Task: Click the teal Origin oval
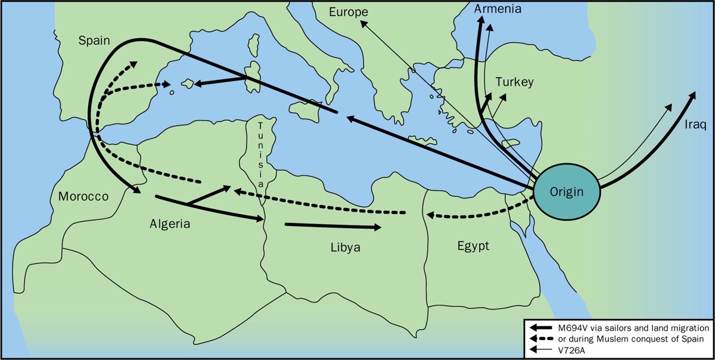565,191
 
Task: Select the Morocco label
83,196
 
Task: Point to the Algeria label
169,224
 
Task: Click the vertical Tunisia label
261,154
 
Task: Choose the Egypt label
473,246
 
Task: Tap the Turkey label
514,82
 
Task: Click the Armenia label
498,9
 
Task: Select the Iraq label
695,125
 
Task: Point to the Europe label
349,12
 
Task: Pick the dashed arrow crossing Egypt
477,213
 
